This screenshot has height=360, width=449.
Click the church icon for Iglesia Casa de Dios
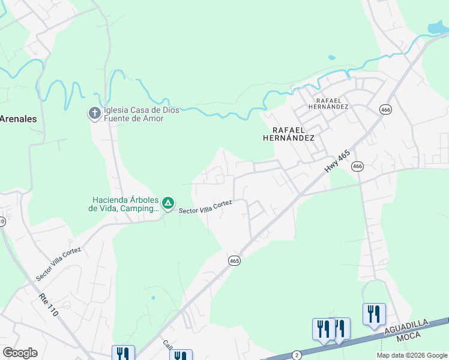point(94,113)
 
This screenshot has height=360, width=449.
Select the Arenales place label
point(18,119)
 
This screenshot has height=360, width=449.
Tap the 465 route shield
point(234,260)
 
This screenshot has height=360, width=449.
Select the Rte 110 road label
point(49,304)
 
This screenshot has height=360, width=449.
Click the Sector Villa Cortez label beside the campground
point(205,207)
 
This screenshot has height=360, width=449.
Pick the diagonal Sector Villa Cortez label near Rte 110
point(58,263)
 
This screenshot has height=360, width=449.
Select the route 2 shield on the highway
point(297,355)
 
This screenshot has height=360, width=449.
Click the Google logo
point(20,353)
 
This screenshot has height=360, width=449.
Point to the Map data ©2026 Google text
point(412,355)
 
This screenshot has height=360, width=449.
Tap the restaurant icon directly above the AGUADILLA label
point(373,314)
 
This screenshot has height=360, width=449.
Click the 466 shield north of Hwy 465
point(385,109)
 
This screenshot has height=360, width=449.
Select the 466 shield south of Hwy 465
point(358,166)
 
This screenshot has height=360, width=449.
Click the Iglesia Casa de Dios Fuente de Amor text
point(133,113)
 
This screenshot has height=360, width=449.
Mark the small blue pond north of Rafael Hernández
point(331,58)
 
